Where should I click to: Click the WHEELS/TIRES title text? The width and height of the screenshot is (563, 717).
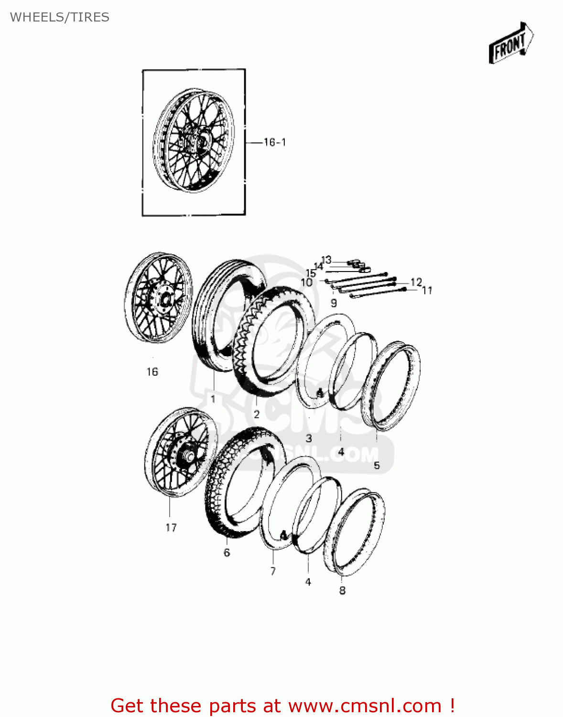pos(60,17)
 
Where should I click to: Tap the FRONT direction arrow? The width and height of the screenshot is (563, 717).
pos(511,43)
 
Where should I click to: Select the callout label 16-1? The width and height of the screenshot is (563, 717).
pos(275,142)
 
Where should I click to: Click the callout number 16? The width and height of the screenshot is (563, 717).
pos(152,372)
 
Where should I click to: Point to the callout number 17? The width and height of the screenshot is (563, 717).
pos(171,528)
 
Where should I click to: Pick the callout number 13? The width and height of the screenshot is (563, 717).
pos(326,260)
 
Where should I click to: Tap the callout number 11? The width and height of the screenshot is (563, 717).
pos(427,291)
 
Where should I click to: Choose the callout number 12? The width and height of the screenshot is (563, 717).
pos(416,282)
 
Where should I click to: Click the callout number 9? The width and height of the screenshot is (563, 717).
pos(334,303)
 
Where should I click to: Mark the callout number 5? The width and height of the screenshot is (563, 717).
pos(377,465)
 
